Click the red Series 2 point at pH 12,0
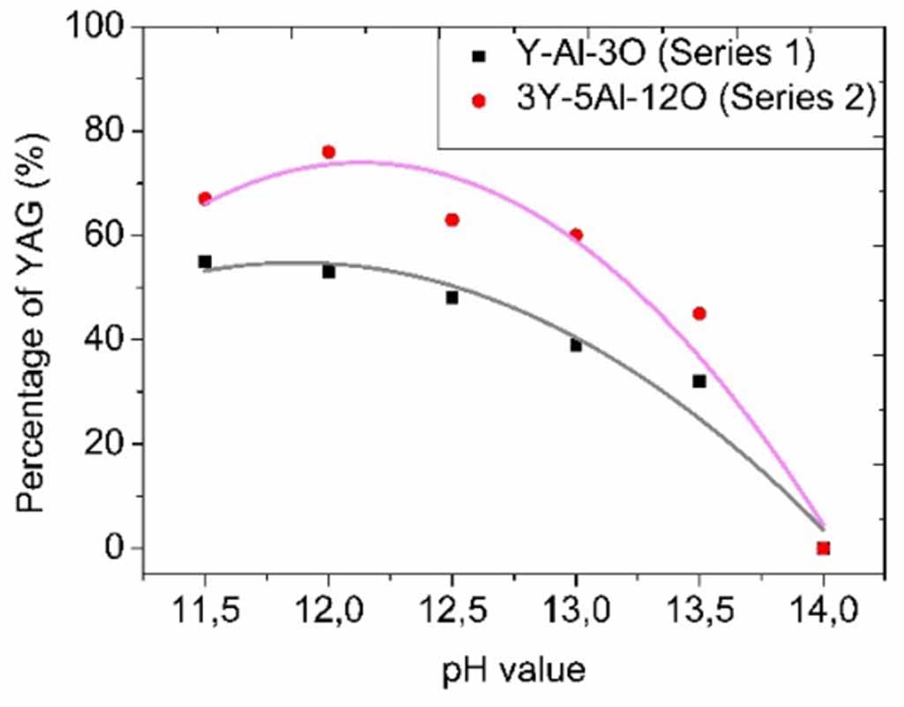(329, 152)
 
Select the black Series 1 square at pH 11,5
(205, 261)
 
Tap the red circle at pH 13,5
(699, 313)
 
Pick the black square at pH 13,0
(576, 345)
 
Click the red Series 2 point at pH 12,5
(452, 220)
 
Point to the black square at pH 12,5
(452, 297)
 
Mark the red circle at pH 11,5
(205, 199)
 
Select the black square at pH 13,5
(699, 381)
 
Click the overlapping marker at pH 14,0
(824, 548)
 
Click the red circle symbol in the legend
(478, 102)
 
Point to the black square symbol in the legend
(478, 56)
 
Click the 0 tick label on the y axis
(114, 548)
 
